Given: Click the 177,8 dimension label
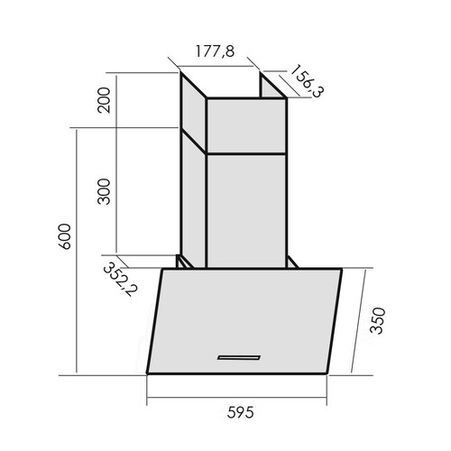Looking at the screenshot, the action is click(215, 51).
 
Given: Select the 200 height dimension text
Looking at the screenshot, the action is click(104, 100).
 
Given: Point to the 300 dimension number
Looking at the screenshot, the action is click(104, 191).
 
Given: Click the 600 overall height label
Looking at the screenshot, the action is click(65, 236).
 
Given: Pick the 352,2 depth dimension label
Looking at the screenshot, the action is click(120, 279).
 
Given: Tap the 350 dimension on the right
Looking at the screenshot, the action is click(377, 320).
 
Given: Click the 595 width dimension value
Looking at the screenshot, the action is click(240, 412).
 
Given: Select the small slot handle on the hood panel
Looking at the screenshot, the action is click(239, 357).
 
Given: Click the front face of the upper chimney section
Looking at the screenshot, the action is click(246, 126).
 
